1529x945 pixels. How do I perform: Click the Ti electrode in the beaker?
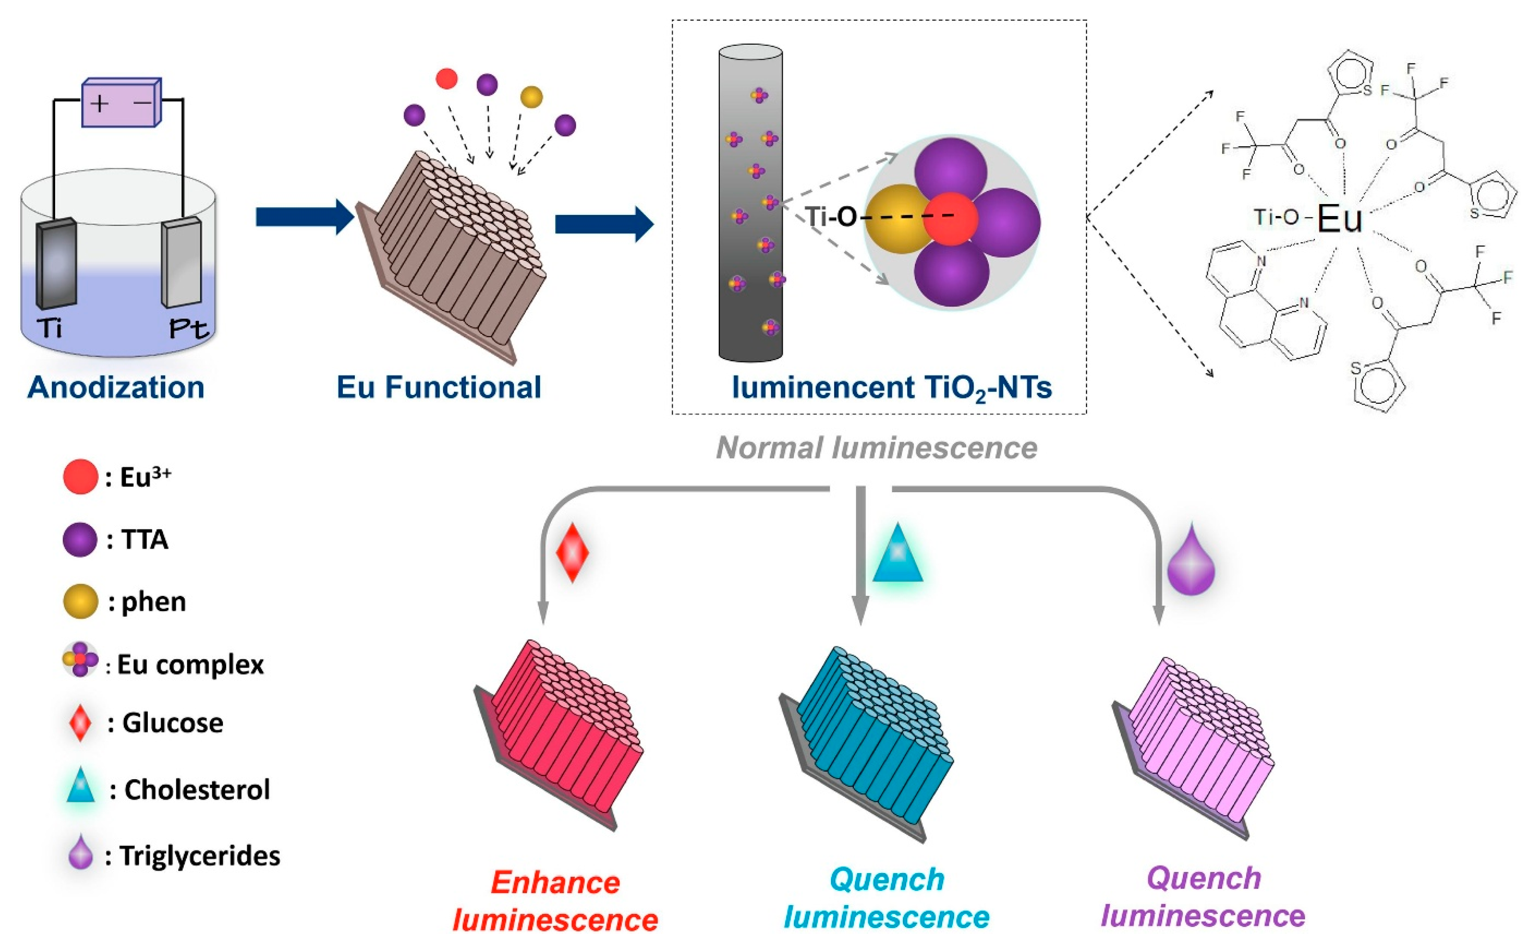point(56,264)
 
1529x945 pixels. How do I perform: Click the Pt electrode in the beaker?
point(182,262)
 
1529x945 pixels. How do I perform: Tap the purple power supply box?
point(122,102)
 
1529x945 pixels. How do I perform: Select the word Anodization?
point(116,387)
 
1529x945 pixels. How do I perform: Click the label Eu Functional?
point(439,387)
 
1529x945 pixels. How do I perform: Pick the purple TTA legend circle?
point(80,539)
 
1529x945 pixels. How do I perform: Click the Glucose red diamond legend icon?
point(80,723)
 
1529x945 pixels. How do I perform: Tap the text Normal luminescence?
point(877,447)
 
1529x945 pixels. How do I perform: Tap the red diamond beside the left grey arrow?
point(573,552)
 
